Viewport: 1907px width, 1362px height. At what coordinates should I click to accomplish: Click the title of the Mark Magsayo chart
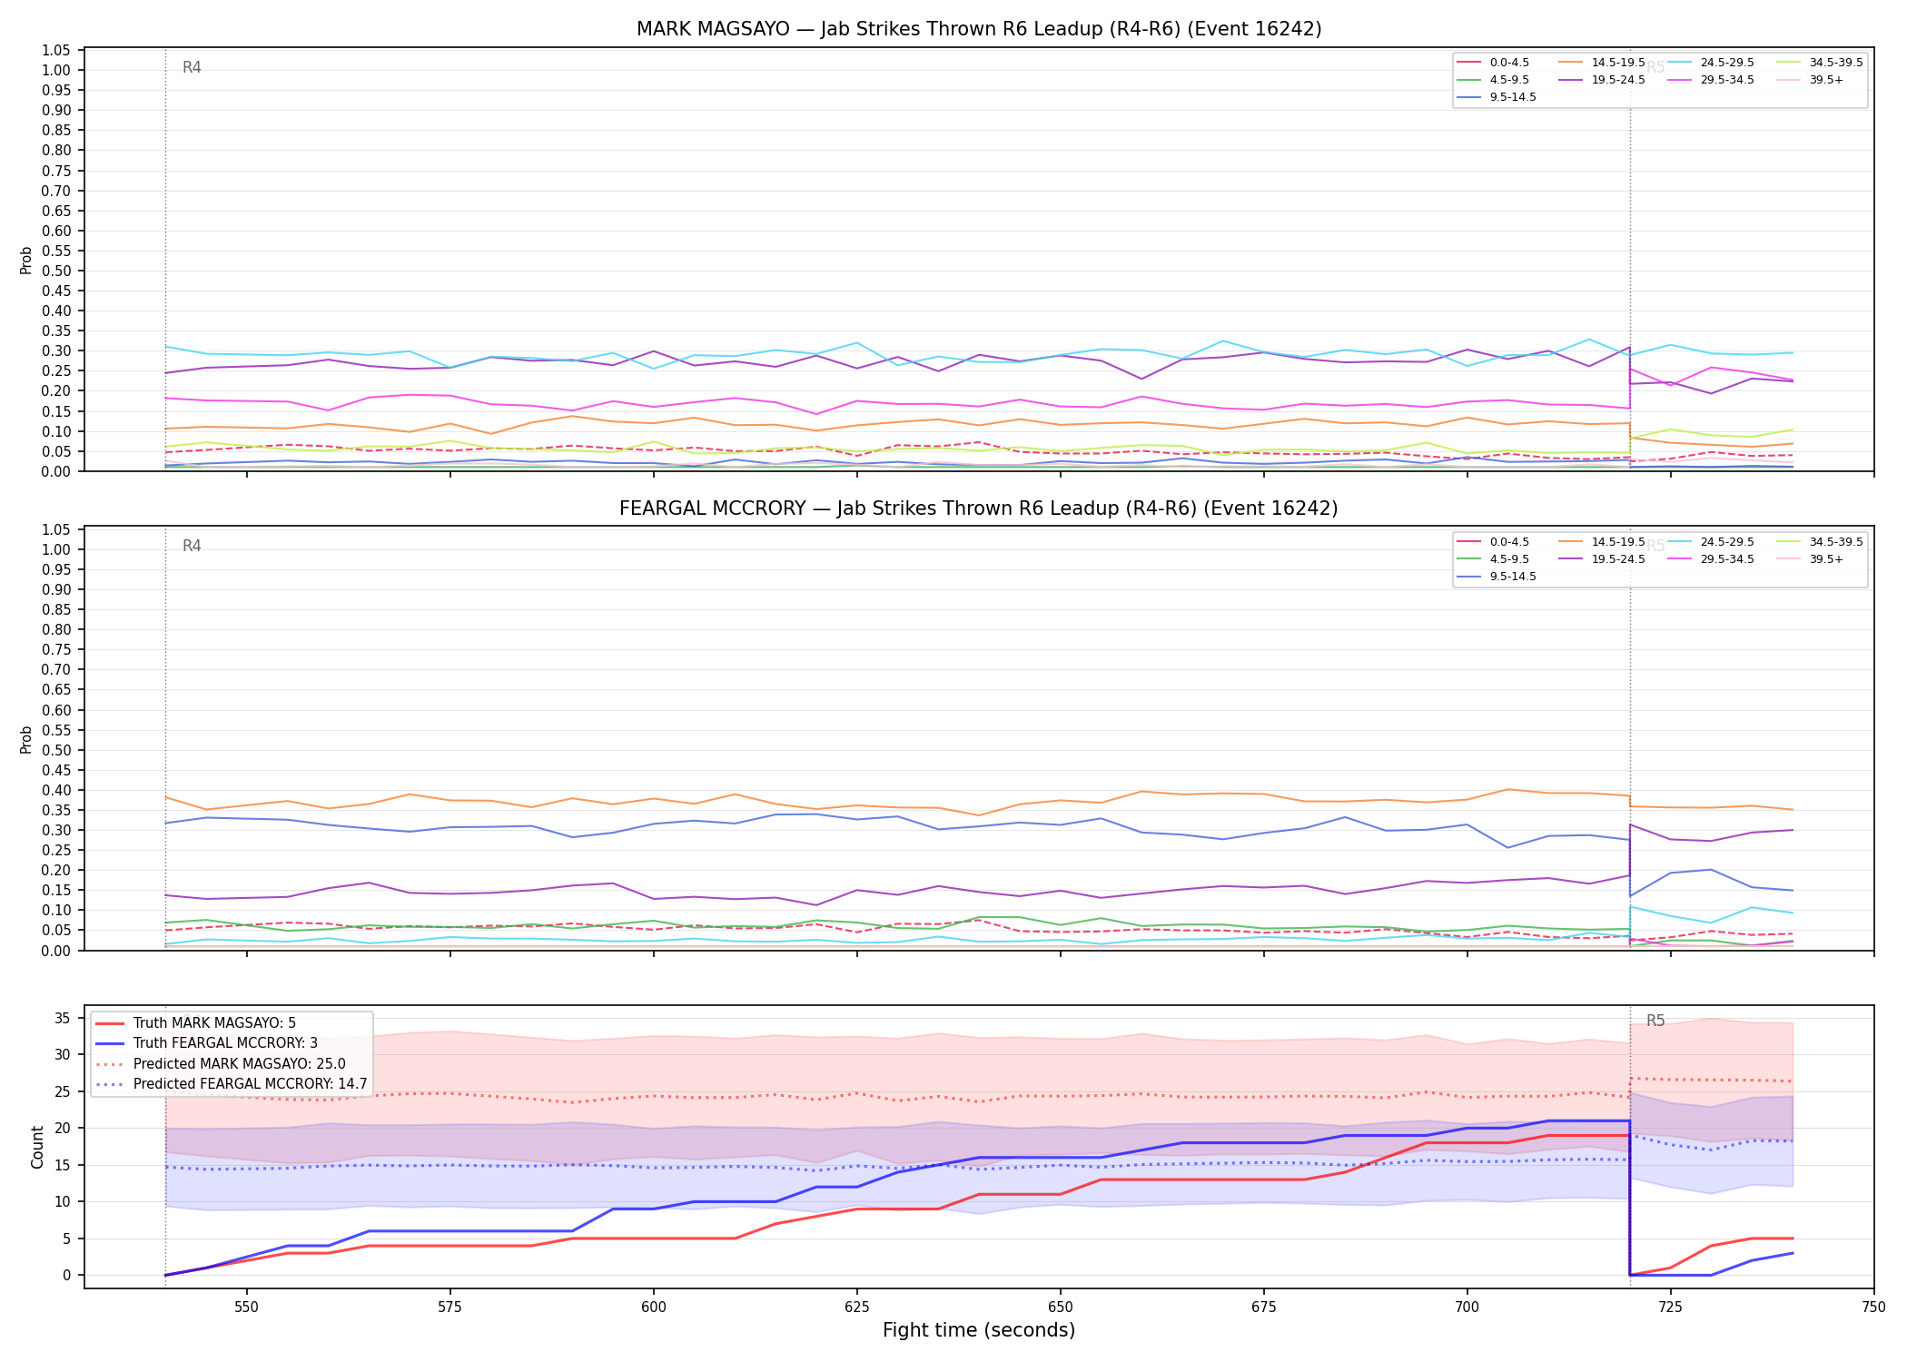pyautogui.click(x=979, y=29)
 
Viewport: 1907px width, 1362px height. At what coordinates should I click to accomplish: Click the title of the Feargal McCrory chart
pyautogui.click(x=979, y=508)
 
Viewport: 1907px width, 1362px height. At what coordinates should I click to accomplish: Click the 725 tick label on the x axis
pyautogui.click(x=1670, y=1308)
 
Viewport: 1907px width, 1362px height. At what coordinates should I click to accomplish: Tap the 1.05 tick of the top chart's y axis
pyautogui.click(x=56, y=50)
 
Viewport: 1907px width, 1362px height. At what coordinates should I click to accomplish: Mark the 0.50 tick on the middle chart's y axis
pyautogui.click(x=56, y=750)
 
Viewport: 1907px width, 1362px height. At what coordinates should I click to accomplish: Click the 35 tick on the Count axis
pyautogui.click(x=63, y=1019)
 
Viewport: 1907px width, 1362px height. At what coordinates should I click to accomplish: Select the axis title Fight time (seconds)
pyautogui.click(x=979, y=1331)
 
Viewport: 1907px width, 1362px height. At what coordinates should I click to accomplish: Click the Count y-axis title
pyautogui.click(x=37, y=1147)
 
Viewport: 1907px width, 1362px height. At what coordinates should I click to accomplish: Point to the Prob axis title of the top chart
pyautogui.click(x=26, y=260)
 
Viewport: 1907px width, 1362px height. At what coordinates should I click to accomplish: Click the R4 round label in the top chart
pyautogui.click(x=192, y=67)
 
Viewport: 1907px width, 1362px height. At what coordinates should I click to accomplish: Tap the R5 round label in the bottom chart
pyautogui.click(x=1655, y=1021)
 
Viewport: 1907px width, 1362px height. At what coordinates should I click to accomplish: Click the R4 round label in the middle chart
pyautogui.click(x=192, y=546)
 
